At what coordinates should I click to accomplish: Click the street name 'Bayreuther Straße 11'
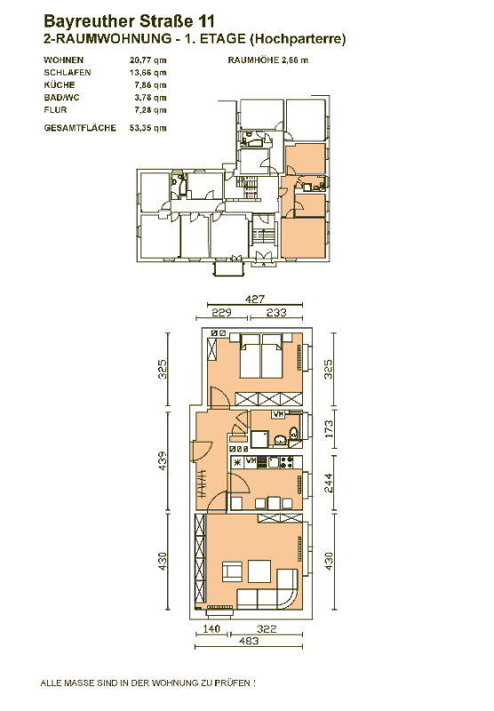(x=129, y=21)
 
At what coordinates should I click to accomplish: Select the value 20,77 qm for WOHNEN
(x=147, y=60)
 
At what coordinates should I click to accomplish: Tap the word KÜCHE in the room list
(x=60, y=84)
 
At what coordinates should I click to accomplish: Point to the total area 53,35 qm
(x=147, y=128)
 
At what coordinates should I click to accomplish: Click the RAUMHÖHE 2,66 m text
(x=267, y=60)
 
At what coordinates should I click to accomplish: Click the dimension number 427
(x=255, y=299)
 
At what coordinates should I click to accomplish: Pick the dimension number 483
(x=249, y=641)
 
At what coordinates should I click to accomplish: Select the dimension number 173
(x=329, y=429)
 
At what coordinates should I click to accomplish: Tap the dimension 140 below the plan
(x=211, y=628)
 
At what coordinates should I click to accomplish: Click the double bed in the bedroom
(x=261, y=356)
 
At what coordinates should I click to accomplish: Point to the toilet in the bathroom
(x=294, y=433)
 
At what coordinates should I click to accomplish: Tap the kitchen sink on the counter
(x=274, y=462)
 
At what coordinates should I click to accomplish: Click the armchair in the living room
(x=233, y=571)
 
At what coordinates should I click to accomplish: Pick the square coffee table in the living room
(x=259, y=572)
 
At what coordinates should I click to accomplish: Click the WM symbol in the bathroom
(x=278, y=414)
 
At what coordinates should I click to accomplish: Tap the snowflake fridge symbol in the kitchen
(x=237, y=462)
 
